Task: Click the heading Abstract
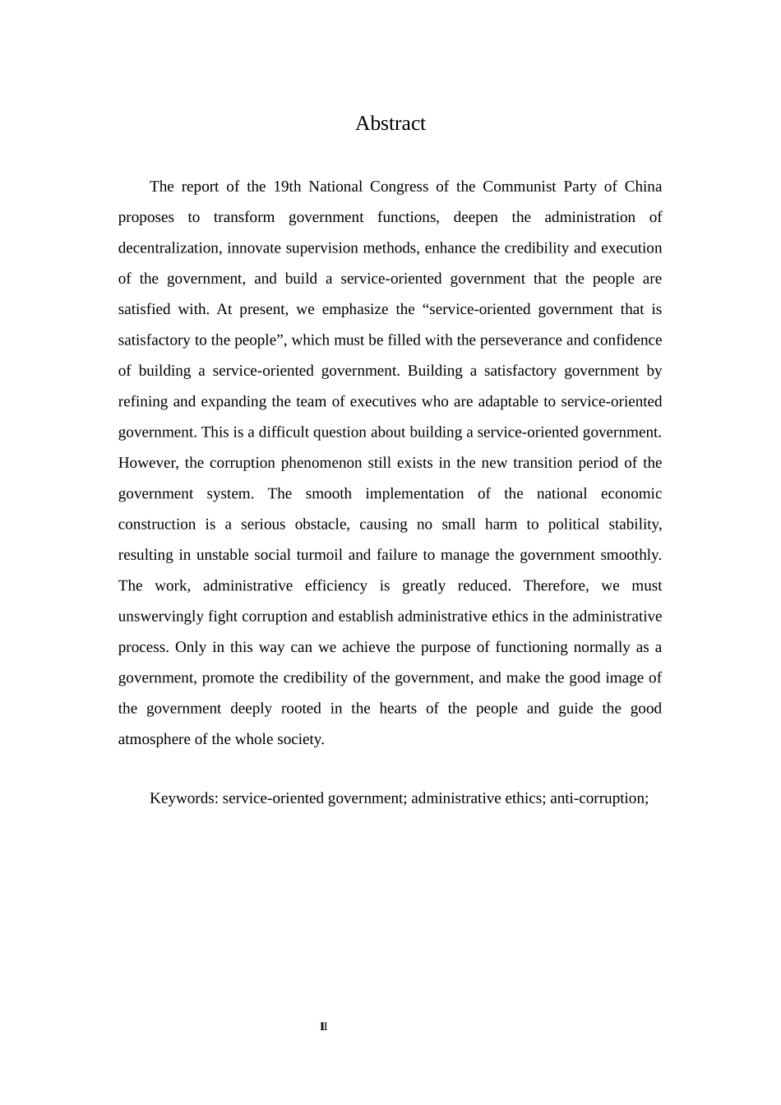390,123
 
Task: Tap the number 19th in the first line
287,187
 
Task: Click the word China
643,187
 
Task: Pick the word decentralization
169,248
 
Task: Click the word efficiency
335,586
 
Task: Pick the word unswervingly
160,617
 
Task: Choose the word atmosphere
155,739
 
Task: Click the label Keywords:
183,798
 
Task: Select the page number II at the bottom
323,1026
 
